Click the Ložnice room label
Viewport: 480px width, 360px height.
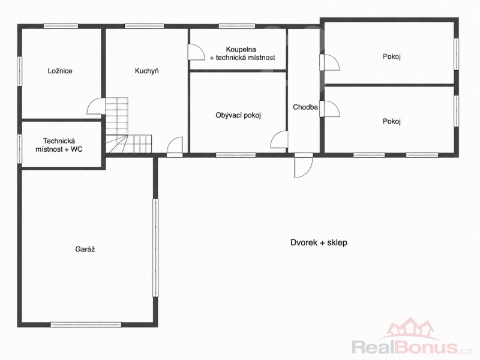coord(60,71)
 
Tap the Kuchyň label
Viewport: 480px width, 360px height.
coord(147,71)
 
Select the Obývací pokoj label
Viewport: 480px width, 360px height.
coord(238,115)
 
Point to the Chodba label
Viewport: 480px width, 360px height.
coord(305,107)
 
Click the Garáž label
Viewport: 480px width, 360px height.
coord(85,249)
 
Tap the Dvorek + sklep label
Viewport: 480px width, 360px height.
coord(319,243)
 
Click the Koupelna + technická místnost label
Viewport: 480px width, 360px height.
coord(242,53)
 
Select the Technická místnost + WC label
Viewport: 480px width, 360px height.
coord(59,145)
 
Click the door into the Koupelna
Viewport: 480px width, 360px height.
coord(196,52)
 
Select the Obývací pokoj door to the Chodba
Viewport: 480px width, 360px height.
coord(279,140)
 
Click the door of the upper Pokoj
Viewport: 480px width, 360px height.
coord(329,62)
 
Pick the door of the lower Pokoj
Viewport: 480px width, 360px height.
coord(329,109)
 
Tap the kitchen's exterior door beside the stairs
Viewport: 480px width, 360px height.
coord(175,147)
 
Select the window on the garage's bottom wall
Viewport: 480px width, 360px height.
coord(86,325)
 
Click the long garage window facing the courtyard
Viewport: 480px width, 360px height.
coord(156,248)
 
